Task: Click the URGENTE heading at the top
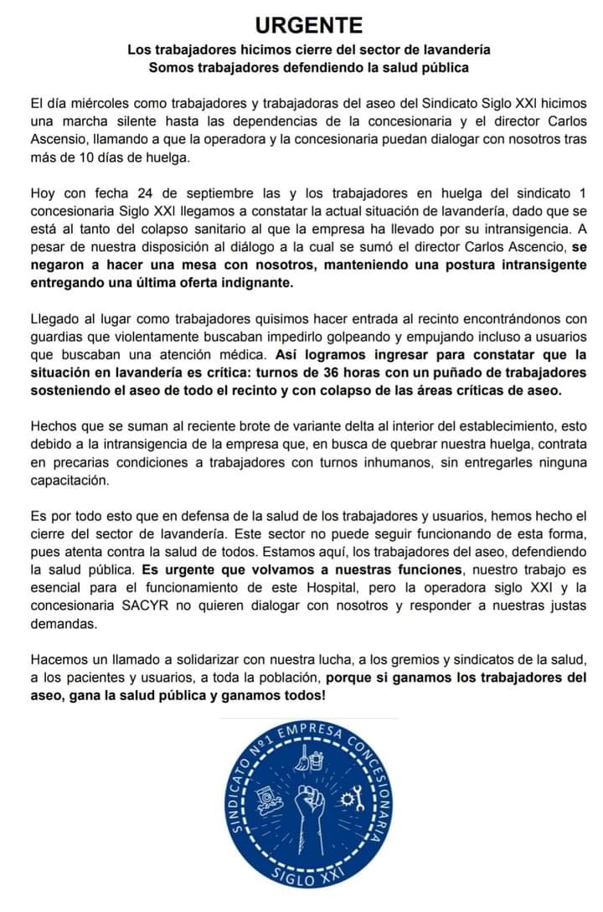[308, 25]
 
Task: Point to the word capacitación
[70, 481]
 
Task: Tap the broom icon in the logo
[312, 759]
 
